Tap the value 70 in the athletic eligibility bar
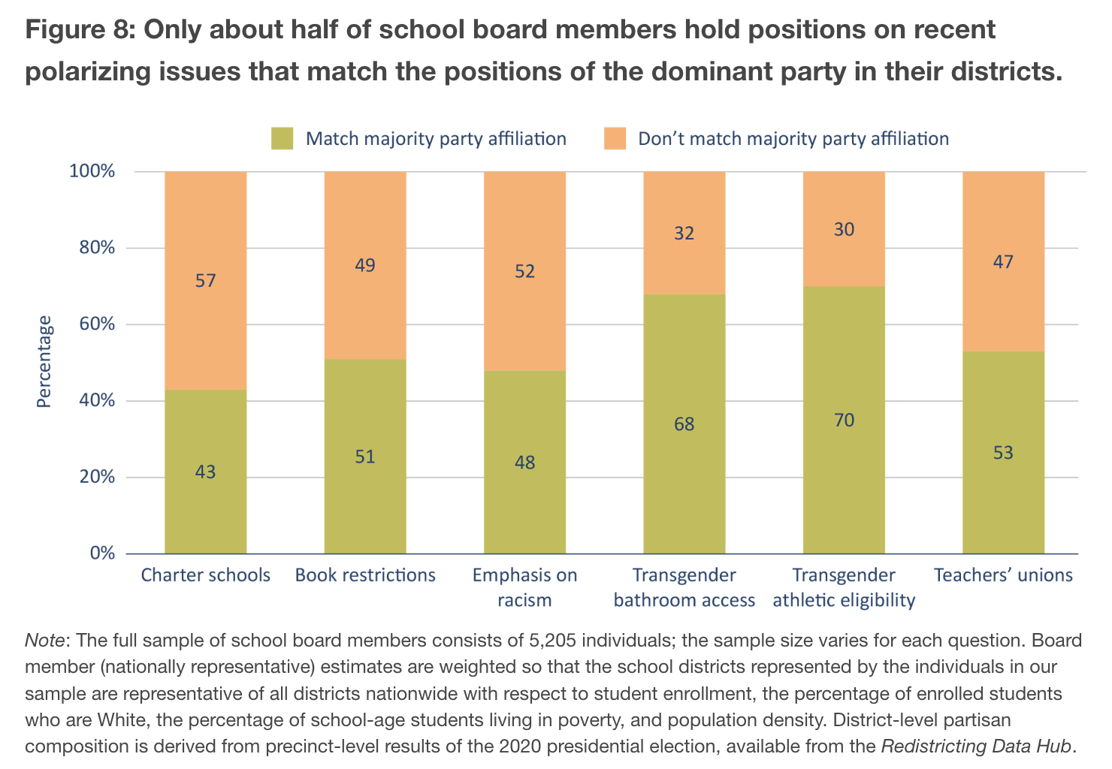[x=844, y=420]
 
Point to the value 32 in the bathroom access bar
[x=684, y=234]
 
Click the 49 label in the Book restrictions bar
[x=365, y=265]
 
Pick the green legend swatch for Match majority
[x=282, y=139]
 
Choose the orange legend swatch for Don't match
[x=615, y=139]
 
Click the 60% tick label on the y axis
[x=92, y=324]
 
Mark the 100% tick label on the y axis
[x=92, y=171]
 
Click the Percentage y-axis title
[x=44, y=362]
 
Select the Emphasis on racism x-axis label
[x=524, y=587]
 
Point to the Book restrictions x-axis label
[x=365, y=575]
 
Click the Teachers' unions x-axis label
[x=1003, y=575]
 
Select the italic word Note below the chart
[x=47, y=641]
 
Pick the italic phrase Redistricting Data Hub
[x=976, y=746]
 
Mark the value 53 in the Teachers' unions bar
[x=1003, y=453]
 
